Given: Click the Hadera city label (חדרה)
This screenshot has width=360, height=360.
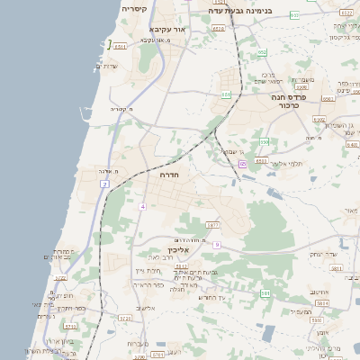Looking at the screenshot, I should point(169,175).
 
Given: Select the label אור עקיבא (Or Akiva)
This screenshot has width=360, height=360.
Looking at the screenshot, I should point(170,30).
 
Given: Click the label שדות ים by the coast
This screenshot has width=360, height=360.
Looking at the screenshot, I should point(106,66).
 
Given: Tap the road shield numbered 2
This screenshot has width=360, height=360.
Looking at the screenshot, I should point(105,184).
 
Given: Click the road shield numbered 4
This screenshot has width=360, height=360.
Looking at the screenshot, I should point(141,206).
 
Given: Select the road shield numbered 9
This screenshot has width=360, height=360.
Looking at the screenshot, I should point(217,244).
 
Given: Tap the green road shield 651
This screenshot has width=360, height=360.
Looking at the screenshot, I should point(226,94).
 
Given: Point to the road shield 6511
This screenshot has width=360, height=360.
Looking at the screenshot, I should point(120,45).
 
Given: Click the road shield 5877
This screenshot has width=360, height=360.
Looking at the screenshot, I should point(212,225).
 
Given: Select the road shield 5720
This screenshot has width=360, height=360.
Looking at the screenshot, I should point(125,318).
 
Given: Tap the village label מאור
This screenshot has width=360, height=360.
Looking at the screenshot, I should point(350,210).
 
